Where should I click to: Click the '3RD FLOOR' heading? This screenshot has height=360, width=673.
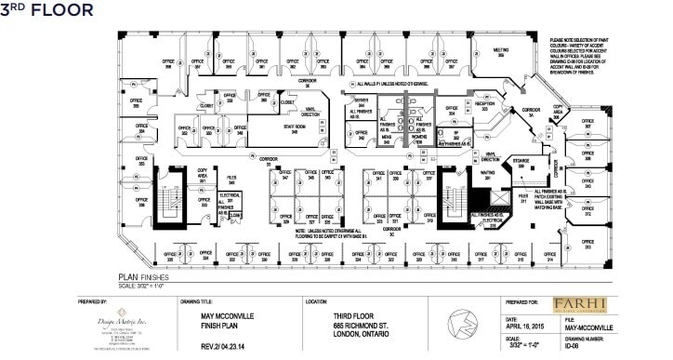(x=48, y=10)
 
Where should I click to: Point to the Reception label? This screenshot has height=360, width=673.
(x=483, y=106)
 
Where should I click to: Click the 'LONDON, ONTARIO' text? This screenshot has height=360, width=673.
(x=363, y=332)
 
